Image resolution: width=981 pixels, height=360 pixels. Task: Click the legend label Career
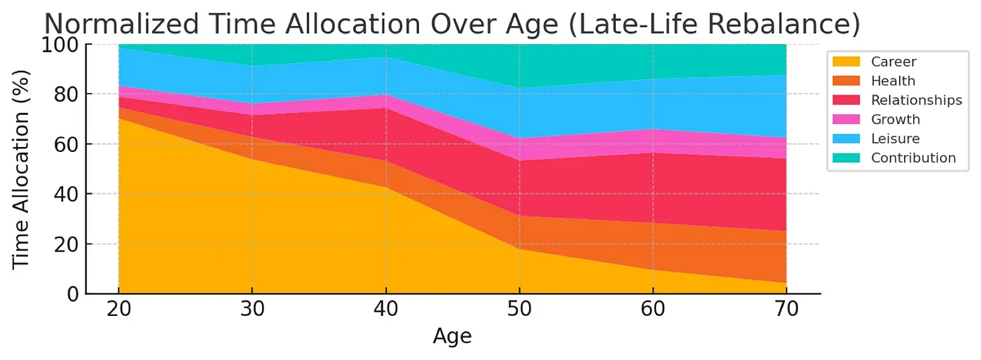coord(893,62)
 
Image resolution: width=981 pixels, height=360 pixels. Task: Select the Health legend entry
coord(893,81)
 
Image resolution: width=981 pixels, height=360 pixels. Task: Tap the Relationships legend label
coord(916,100)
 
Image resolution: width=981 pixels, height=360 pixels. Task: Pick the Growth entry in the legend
coord(895,120)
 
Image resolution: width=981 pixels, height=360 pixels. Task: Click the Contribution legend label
coord(913,158)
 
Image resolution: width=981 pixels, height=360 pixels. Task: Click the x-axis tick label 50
coord(519,310)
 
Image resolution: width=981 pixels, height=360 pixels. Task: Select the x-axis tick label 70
coord(786,310)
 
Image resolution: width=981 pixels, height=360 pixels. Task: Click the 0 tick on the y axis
coord(73,294)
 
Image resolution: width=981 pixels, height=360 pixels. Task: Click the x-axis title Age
coord(452,337)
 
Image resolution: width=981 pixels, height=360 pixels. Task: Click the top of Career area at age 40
coord(385,188)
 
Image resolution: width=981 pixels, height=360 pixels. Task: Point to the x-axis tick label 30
coord(252,310)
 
